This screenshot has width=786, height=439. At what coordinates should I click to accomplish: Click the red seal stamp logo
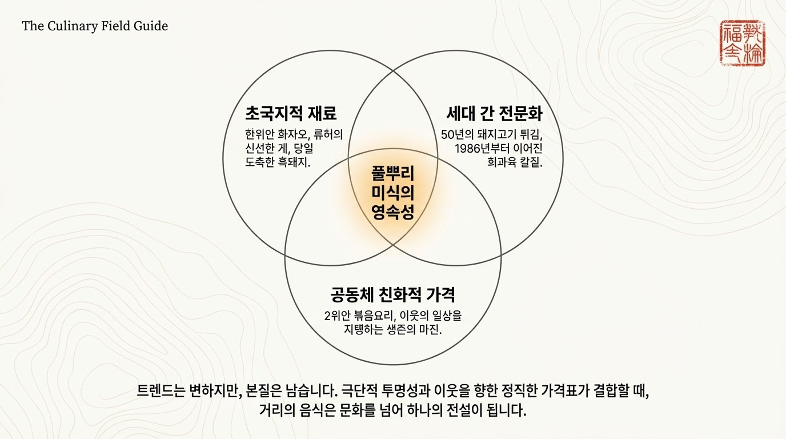click(x=742, y=43)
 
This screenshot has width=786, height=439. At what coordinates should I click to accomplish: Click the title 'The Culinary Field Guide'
click(x=95, y=26)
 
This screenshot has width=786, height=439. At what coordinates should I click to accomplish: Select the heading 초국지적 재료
click(x=291, y=113)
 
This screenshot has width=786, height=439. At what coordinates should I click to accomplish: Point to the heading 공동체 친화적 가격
click(x=392, y=295)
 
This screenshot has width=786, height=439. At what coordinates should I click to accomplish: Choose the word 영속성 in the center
click(x=392, y=213)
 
